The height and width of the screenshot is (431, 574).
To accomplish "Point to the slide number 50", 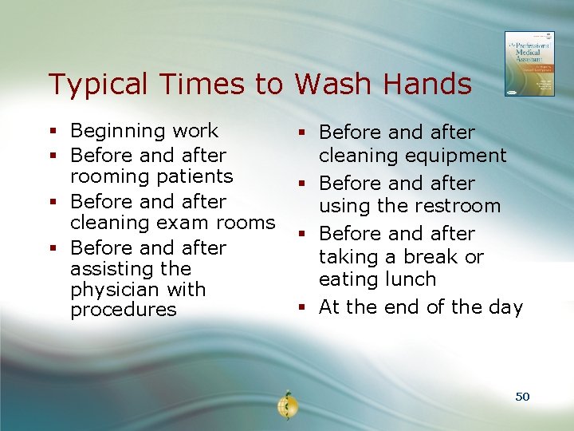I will pyautogui.click(x=522, y=397).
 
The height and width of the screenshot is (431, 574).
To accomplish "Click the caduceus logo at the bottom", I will pyautogui.click(x=285, y=405).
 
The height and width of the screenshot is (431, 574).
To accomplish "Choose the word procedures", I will pyautogui.click(x=124, y=310).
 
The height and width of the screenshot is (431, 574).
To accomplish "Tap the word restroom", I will pyautogui.click(x=458, y=206).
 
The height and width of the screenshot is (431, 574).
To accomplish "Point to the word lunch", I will pyautogui.click(x=410, y=279).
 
